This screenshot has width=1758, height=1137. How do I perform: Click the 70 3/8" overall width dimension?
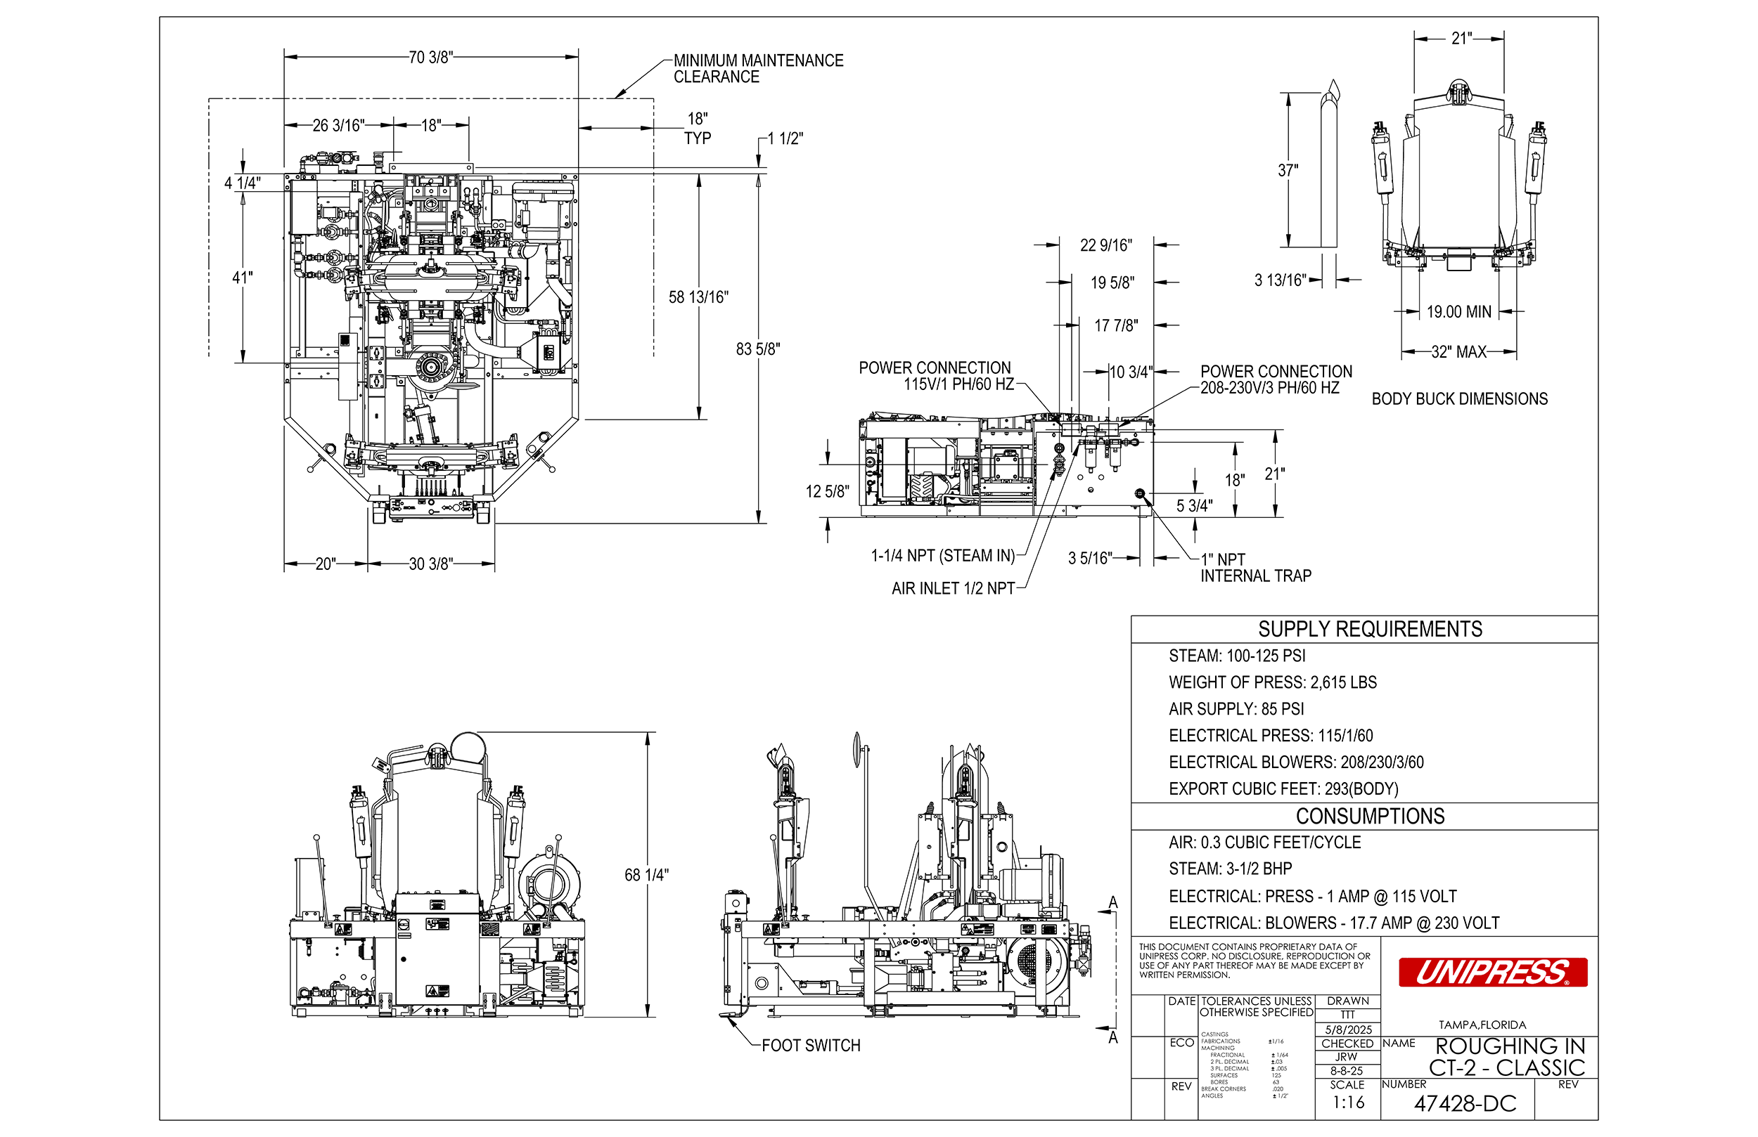tap(430, 58)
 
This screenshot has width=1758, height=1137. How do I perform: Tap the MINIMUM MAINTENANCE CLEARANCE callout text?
tap(757, 69)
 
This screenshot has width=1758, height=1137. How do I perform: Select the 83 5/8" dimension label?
tap(757, 349)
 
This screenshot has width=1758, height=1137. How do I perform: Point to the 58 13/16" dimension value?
tap(698, 297)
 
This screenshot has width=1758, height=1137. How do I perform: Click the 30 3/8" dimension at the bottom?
tap(430, 565)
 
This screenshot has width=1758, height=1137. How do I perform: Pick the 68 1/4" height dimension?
tap(646, 876)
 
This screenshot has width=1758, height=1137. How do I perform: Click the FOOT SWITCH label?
tap(810, 1046)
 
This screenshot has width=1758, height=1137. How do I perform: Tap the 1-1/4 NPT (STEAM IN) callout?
tap(942, 556)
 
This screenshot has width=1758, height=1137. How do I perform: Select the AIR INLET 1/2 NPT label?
tap(953, 589)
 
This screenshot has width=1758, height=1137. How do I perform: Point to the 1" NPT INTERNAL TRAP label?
tap(1255, 568)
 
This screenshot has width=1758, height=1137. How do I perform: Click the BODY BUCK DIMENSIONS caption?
tap(1459, 399)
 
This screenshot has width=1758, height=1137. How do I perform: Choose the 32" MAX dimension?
tap(1458, 352)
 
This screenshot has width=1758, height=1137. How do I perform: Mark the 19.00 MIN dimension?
tap(1458, 312)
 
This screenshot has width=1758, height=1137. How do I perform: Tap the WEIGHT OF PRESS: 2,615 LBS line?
tap(1272, 683)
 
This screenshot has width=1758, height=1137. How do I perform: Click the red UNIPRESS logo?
tap(1492, 973)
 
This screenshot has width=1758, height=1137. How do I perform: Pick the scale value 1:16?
tap(1348, 1103)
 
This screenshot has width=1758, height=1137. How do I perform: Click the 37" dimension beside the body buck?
tap(1288, 171)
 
